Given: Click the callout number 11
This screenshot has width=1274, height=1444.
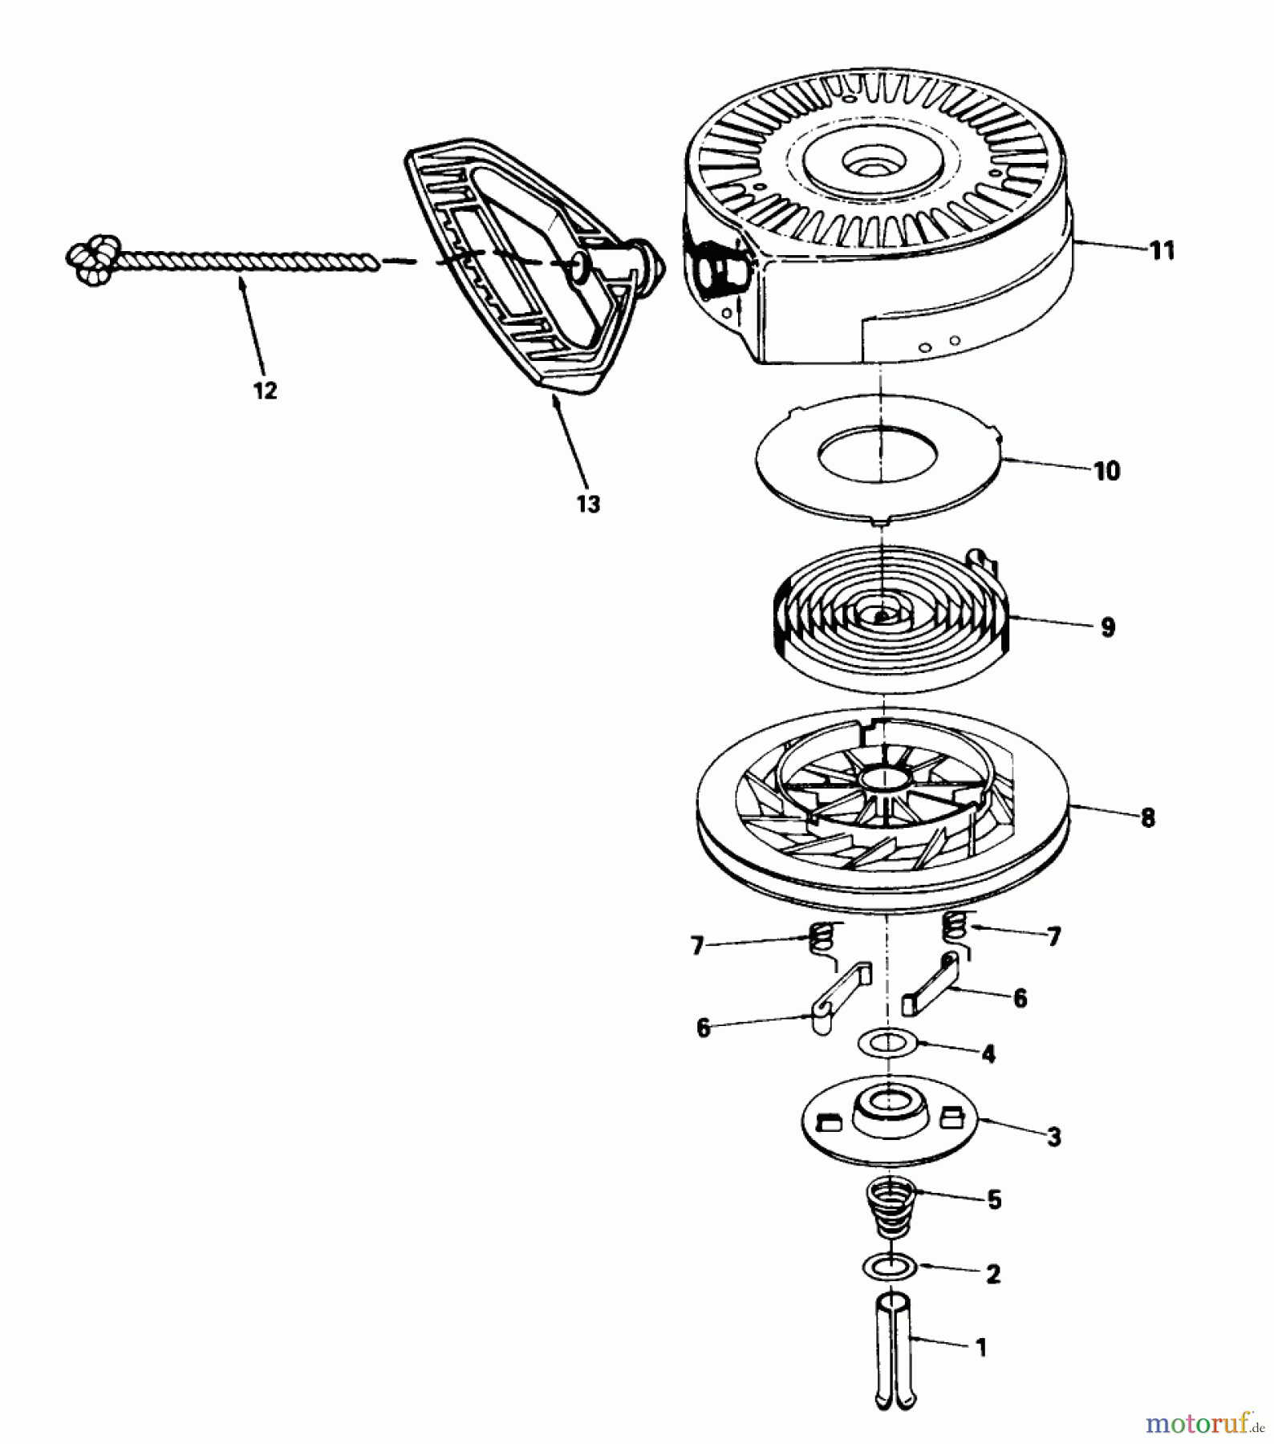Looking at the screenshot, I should coord(1162,251).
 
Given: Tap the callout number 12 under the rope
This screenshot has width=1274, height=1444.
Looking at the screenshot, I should coord(265,391).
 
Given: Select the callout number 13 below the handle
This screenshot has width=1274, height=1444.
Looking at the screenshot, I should coord(588,504).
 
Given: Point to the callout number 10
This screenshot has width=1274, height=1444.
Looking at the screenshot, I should coord(1106,471).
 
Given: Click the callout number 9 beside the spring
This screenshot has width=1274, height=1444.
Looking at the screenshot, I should coord(1108,627).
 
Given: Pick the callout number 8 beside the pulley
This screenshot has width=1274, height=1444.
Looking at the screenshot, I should coord(1147,818).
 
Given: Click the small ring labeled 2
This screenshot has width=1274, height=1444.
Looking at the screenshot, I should coord(890,1268).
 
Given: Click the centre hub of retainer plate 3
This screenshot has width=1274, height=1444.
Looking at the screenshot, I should coord(889,1102).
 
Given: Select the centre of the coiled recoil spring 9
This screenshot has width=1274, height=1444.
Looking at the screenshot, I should coord(881,616).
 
